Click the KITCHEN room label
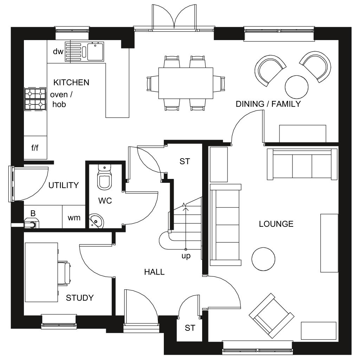(71, 82)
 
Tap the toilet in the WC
(104, 177)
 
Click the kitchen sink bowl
(95, 52)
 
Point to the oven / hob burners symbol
(35, 99)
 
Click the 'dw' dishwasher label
(58, 51)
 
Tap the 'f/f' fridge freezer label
(35, 148)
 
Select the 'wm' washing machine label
(74, 218)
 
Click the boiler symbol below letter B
(31, 224)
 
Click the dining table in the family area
(186, 83)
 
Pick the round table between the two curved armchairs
(296, 87)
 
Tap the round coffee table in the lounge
(263, 259)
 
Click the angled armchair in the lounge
(272, 316)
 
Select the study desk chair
(64, 273)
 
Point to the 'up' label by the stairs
(186, 256)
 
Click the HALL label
(154, 272)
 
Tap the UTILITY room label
(64, 185)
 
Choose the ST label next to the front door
(190, 328)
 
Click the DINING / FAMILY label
(268, 104)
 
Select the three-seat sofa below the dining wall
(302, 164)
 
